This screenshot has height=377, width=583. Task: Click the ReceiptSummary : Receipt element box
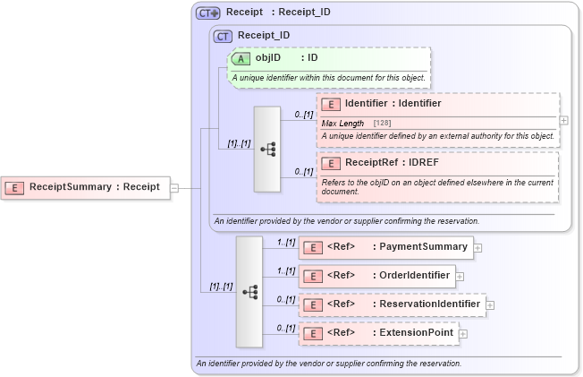tap(86, 187)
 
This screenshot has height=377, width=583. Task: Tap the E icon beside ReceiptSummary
tap(14, 187)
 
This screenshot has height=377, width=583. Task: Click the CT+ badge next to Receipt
tap(208, 13)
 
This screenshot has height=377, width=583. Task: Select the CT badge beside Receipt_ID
tap(224, 36)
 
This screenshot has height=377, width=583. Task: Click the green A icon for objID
tap(241, 58)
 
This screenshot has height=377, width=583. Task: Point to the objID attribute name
tap(268, 58)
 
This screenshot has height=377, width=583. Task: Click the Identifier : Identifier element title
tap(393, 104)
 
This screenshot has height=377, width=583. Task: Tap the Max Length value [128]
tap(382, 123)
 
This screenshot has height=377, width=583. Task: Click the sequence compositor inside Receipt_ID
tap(267, 149)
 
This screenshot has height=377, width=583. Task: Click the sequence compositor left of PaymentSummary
tap(249, 292)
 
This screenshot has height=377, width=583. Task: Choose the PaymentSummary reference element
tap(385, 247)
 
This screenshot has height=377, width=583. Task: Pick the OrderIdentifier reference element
tap(376, 276)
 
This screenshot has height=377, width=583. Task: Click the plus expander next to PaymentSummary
tap(478, 248)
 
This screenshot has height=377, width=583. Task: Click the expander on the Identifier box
tap(564, 119)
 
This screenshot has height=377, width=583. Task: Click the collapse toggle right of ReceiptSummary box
tap(174, 188)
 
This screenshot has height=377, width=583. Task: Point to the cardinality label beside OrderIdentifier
tap(286, 270)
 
